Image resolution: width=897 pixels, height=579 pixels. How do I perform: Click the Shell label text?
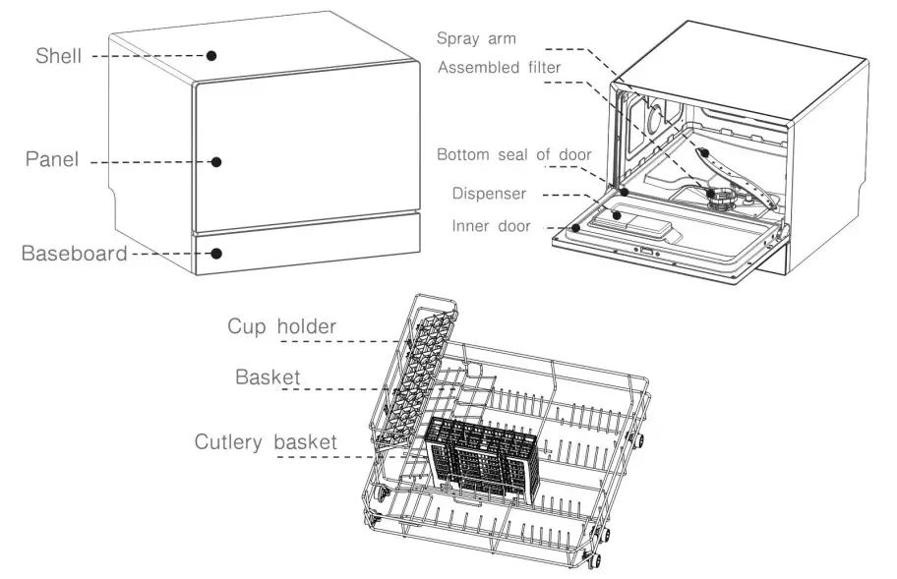pos(59,57)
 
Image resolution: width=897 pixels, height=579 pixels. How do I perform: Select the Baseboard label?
pos(75,254)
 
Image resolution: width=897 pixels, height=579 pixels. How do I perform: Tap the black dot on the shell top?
pos(211,56)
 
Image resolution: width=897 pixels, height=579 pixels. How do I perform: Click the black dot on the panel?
pos(216,161)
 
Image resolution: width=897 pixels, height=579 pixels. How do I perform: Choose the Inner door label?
pos(491,226)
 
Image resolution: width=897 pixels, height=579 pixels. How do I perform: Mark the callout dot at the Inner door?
pos(575,228)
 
